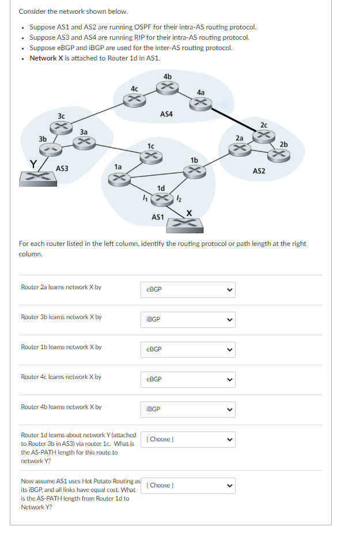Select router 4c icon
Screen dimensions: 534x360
(x=134, y=100)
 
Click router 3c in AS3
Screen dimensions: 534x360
(x=62, y=126)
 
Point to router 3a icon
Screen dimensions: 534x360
(x=84, y=142)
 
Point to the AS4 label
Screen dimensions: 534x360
(x=166, y=115)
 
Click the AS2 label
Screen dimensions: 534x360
(x=259, y=171)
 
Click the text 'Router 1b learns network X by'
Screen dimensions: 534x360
(x=61, y=347)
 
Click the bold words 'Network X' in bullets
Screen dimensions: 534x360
(x=46, y=58)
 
